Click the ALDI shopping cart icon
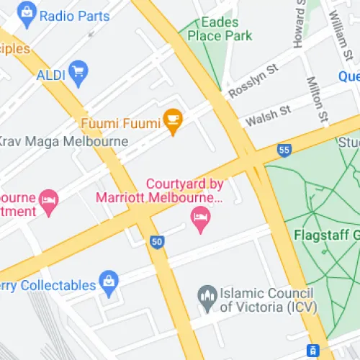coord(77,71)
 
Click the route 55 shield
coord(284,150)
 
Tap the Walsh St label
coord(267,114)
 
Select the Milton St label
coord(318,99)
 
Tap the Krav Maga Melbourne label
coord(63,141)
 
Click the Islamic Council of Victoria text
coord(266,300)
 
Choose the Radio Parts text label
coord(75,16)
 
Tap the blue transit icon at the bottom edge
coord(313,351)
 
